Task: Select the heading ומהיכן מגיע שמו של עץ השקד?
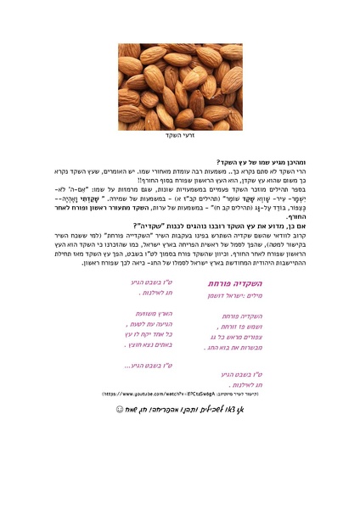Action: [271, 161]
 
